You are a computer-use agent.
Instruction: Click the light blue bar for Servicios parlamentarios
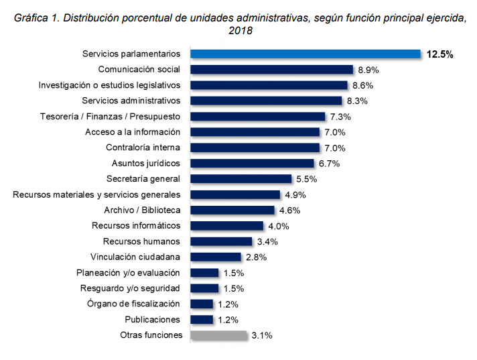click(x=305, y=54)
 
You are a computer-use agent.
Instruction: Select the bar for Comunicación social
click(x=272, y=70)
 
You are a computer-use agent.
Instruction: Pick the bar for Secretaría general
click(x=241, y=179)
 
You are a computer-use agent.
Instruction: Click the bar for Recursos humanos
click(x=221, y=241)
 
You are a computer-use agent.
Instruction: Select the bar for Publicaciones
click(x=202, y=319)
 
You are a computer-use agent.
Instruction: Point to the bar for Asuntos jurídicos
click(x=252, y=164)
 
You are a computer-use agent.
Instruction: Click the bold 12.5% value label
click(x=439, y=54)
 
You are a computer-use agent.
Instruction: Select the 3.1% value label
click(x=261, y=335)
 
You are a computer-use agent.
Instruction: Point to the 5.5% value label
click(x=305, y=179)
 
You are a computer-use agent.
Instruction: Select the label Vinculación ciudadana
click(x=136, y=257)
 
